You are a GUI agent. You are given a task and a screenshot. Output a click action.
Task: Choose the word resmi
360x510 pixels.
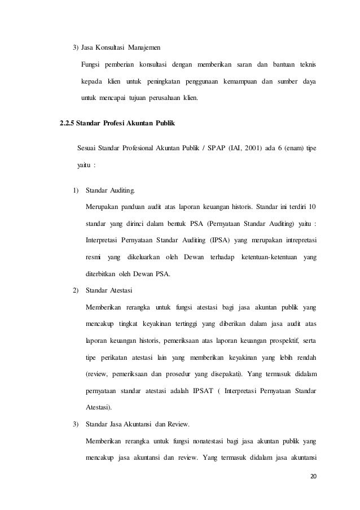tap(94, 258)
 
